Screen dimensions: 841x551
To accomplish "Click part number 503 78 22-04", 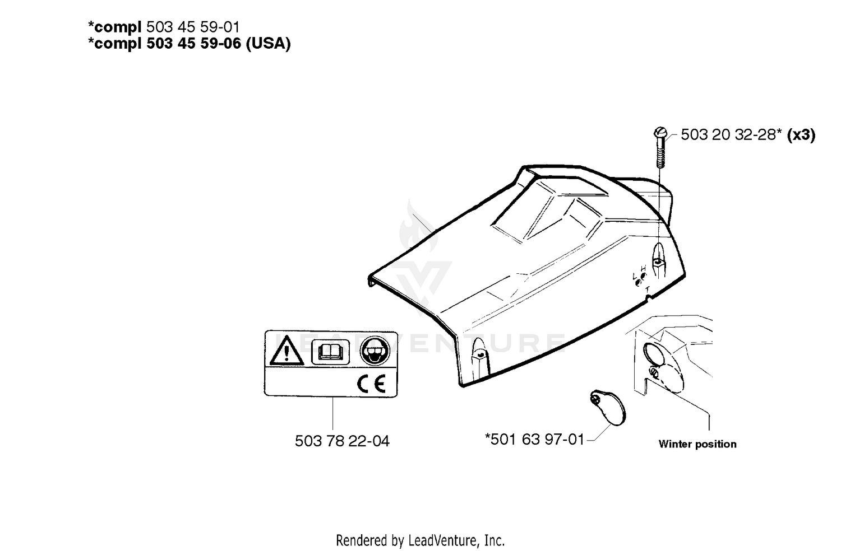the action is pyautogui.click(x=342, y=441).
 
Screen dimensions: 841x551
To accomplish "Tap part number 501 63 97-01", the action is pyautogui.click(x=537, y=439).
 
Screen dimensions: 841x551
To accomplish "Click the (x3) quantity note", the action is pyautogui.click(x=802, y=134).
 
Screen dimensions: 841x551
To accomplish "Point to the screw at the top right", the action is pyautogui.click(x=660, y=148).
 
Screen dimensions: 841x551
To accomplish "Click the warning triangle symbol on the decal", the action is pyautogui.click(x=287, y=351).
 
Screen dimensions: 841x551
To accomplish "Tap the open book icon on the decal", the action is pyautogui.click(x=330, y=352).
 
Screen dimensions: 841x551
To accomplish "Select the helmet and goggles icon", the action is pyautogui.click(x=375, y=351).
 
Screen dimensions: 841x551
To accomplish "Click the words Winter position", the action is pyautogui.click(x=697, y=444).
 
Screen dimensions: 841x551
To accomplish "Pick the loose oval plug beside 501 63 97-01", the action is pyautogui.click(x=608, y=408).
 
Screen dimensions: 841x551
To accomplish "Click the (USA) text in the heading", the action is pyautogui.click(x=268, y=44).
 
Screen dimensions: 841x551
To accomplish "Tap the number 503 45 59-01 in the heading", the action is pyautogui.click(x=193, y=27).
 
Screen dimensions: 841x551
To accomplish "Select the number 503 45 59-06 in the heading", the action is pyautogui.click(x=194, y=44).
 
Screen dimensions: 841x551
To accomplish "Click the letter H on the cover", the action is pyautogui.click(x=643, y=269).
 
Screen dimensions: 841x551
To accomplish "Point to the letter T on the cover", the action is pyautogui.click(x=647, y=289).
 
